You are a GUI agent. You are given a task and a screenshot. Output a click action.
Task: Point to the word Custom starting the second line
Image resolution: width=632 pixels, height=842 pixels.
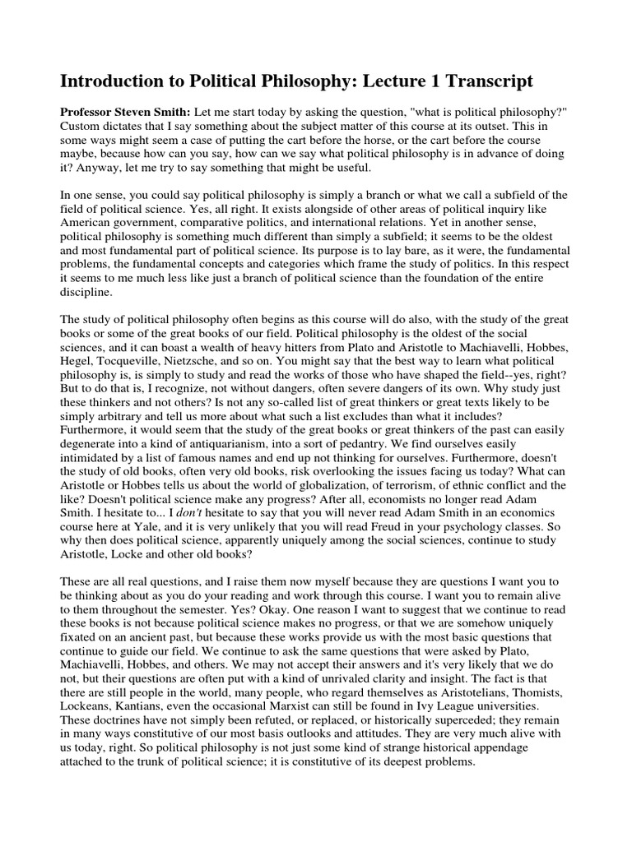click(82, 126)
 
